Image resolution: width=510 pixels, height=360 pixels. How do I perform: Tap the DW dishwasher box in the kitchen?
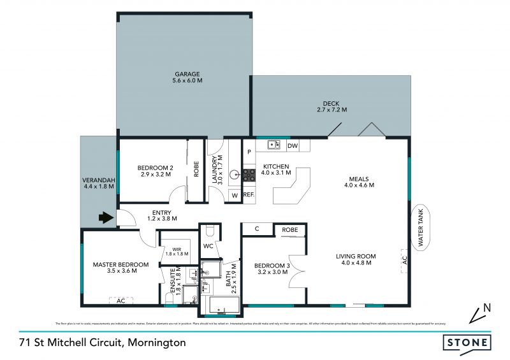click(x=293, y=146)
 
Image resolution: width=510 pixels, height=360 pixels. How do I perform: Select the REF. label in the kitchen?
click(x=249, y=195)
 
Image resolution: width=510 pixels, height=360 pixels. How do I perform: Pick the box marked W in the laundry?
click(x=234, y=195)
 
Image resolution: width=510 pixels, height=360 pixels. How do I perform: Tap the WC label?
click(x=208, y=245)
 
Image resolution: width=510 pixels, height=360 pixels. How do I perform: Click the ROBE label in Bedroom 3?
click(x=290, y=229)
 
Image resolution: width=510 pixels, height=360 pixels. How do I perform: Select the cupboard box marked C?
click(x=256, y=229)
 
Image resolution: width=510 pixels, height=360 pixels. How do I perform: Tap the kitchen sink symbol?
click(x=273, y=145)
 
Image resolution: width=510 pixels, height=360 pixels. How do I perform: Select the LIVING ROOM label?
click(x=358, y=259)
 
